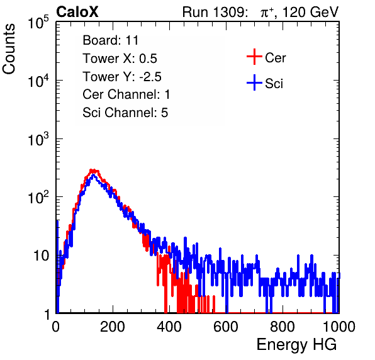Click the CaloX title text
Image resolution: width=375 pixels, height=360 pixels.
click(77, 12)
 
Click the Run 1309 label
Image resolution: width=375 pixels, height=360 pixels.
click(215, 12)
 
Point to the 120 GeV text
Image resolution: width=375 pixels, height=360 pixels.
click(311, 12)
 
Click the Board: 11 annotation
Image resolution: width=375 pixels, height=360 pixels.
click(111, 40)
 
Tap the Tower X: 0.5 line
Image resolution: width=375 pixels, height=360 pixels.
click(120, 59)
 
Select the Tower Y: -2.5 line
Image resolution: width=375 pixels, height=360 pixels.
click(122, 77)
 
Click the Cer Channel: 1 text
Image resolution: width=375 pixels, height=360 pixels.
click(126, 94)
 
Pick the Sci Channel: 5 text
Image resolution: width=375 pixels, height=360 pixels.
click(125, 113)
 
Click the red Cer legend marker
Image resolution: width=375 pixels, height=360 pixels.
click(254, 57)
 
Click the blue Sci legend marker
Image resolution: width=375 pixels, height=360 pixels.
click(254, 82)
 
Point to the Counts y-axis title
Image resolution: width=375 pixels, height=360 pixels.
click(9, 49)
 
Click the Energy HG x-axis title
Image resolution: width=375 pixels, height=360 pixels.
click(296, 345)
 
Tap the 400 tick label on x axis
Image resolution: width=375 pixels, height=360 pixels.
click(169, 327)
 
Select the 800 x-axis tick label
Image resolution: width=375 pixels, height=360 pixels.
click(283, 327)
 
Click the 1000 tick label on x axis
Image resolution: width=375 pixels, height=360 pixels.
click(339, 327)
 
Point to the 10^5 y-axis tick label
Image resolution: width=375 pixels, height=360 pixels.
click(38, 23)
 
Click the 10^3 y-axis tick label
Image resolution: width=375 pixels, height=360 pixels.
click(38, 140)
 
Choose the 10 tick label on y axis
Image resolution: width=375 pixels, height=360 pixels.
click(42, 256)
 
